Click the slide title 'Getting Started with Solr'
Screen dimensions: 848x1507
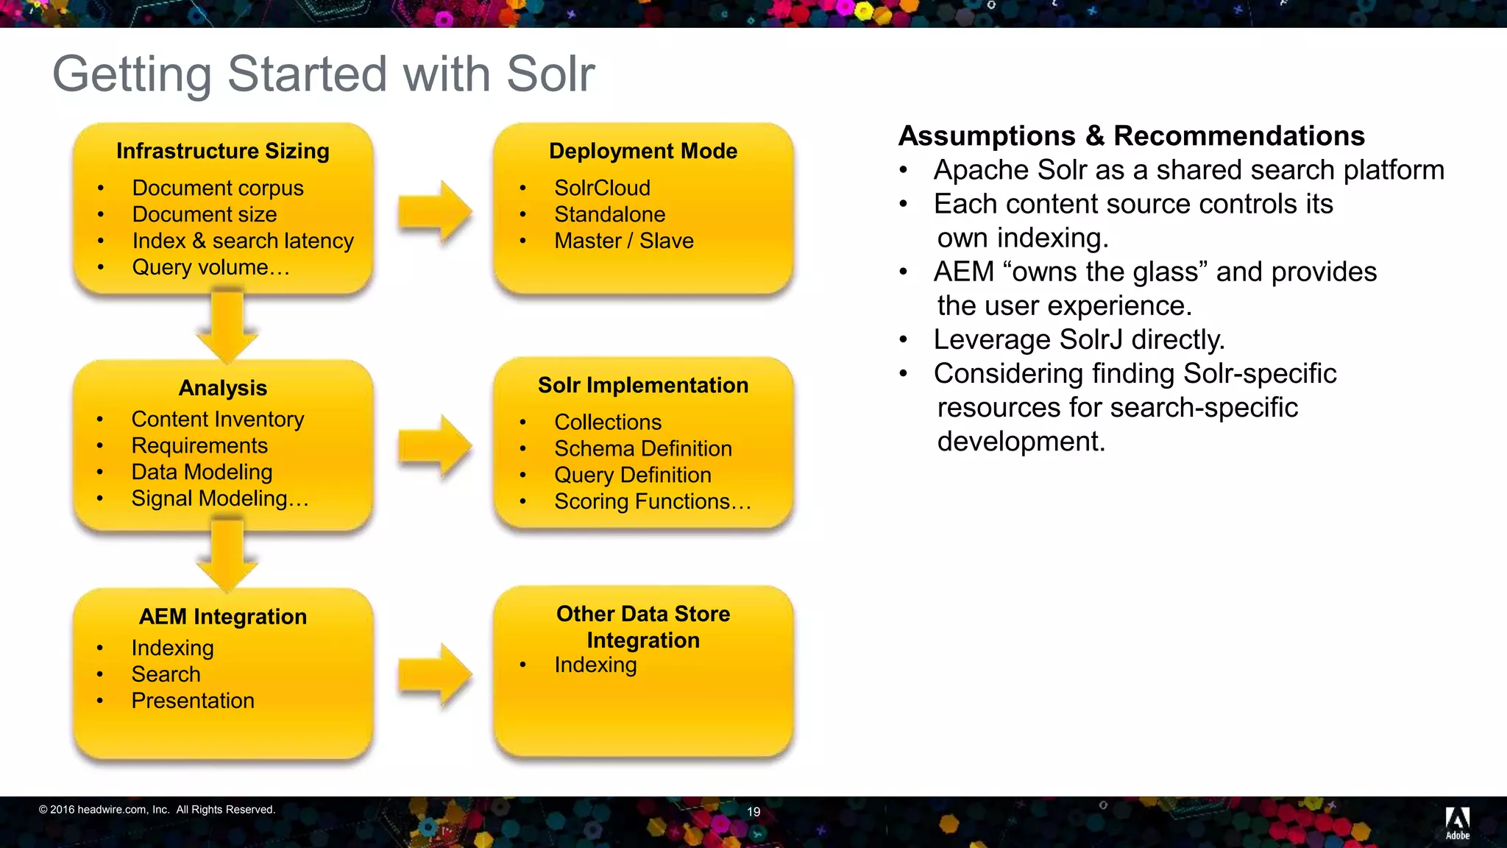[323, 74]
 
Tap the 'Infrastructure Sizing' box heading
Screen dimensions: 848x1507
[223, 151]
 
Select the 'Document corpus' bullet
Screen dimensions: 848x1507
[218, 188]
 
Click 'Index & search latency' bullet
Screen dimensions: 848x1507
[243, 241]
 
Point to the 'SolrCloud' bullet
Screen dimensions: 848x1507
[602, 188]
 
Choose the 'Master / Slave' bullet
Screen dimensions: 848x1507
[623, 241]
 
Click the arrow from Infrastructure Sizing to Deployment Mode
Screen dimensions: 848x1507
[434, 213]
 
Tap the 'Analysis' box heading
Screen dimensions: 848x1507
[223, 388]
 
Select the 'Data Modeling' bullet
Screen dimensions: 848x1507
[202, 473]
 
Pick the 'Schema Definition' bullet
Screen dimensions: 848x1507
[642, 449]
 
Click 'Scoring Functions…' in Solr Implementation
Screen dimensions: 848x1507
[653, 502]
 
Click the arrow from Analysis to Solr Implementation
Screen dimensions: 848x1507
[434, 446]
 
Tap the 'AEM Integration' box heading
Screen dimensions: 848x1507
[223, 617]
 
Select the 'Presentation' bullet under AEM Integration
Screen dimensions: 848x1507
[193, 701]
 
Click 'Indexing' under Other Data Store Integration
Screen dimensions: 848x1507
[595, 665]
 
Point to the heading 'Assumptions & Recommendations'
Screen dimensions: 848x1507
[1131, 136]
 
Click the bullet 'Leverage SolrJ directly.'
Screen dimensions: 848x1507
[1079, 340]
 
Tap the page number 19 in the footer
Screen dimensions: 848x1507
[753, 812]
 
